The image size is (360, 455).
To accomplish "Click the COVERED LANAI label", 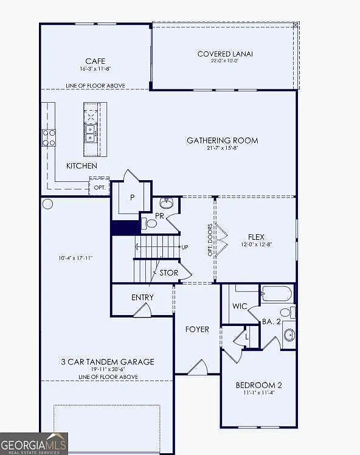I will [225, 54].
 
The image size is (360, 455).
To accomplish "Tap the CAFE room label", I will [95, 61].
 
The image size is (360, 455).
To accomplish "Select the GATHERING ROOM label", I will [222, 141].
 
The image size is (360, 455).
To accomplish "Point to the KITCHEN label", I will [81, 165].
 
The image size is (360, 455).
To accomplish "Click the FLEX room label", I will [256, 237].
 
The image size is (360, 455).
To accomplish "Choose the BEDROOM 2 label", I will [258, 385].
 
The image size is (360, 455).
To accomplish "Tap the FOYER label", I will [197, 329].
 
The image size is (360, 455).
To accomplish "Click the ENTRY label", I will [142, 297].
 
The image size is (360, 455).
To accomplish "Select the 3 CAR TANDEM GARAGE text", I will [107, 362].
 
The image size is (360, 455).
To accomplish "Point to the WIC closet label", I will [240, 306].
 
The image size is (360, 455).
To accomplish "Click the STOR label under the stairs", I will [169, 273].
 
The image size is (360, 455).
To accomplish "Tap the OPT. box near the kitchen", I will [100, 187].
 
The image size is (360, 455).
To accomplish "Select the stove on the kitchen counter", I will [49, 137].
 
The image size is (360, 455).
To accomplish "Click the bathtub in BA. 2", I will [277, 294].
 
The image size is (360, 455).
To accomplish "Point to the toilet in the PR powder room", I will [150, 223].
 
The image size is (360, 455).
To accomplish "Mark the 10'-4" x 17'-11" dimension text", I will [75, 258].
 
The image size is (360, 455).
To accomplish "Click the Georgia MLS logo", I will [34, 443].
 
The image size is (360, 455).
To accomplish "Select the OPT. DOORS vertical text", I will [210, 240].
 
